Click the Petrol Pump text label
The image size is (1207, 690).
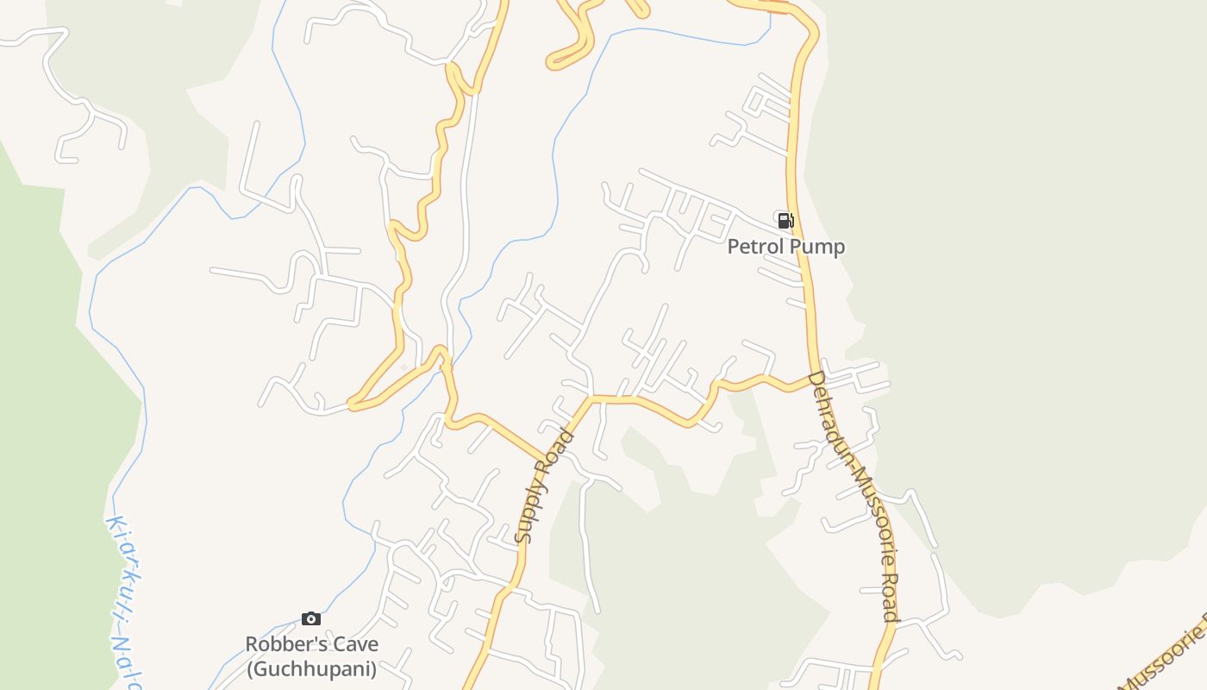pyautogui.click(x=785, y=247)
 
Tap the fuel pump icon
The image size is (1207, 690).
pyautogui.click(x=785, y=220)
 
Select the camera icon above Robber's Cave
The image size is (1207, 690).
pyautogui.click(x=311, y=618)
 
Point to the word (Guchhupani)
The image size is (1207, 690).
pyautogui.click(x=311, y=668)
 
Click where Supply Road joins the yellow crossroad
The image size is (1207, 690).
pyautogui.click(x=589, y=398)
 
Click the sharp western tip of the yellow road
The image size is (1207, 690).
pyautogui.click(x=350, y=403)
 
